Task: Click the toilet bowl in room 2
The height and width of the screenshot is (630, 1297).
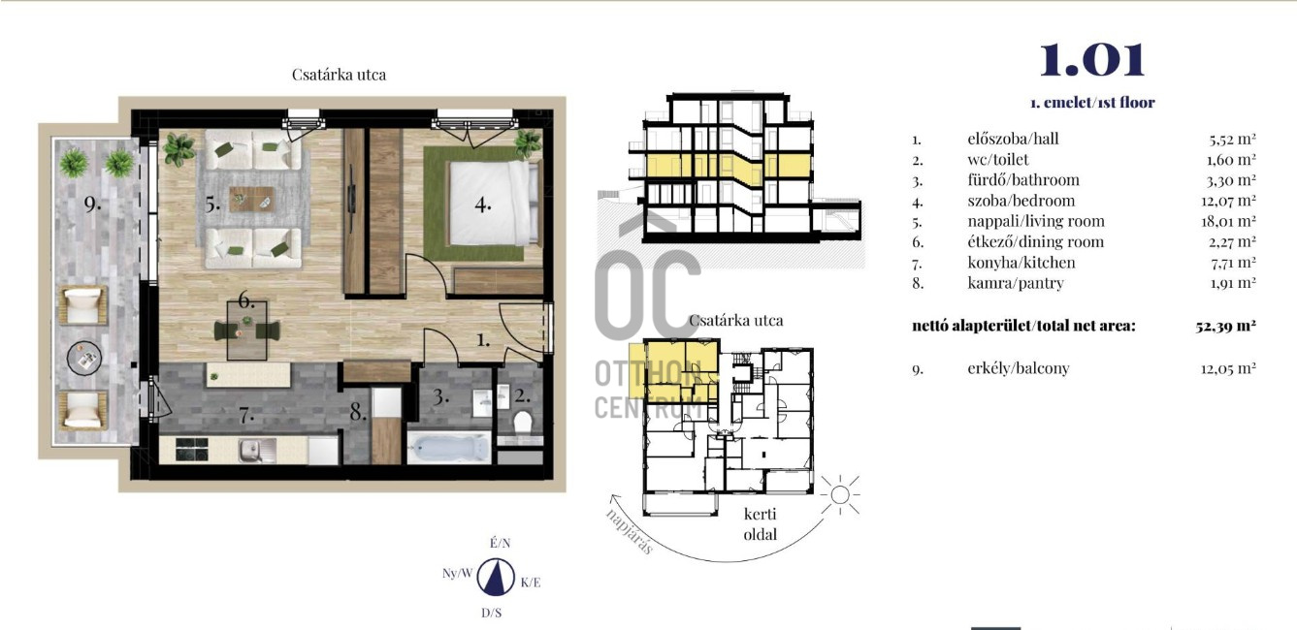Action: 523,422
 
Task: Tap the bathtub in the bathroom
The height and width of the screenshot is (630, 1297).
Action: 449,449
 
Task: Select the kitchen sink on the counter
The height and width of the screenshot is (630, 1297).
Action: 257,451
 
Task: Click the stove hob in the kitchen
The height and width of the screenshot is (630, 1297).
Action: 192,450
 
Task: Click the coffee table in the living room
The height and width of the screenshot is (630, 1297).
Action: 251,199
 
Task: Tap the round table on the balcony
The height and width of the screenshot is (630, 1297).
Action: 84,358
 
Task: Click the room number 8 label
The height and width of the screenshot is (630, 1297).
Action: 358,411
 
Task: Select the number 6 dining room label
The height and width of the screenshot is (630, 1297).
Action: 246,300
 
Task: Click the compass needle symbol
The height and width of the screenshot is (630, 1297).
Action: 496,577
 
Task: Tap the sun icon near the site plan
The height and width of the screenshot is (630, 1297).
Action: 840,495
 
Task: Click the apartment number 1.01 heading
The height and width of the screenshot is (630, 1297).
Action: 1092,59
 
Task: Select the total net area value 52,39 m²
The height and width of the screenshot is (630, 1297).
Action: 1225,326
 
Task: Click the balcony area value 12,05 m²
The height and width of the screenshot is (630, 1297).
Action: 1228,368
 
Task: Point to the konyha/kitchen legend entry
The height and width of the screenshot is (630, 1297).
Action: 1021,263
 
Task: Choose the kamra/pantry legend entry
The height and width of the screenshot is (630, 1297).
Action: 1016,283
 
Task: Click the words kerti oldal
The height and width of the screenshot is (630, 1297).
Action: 761,524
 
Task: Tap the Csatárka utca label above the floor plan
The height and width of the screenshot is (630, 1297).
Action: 339,75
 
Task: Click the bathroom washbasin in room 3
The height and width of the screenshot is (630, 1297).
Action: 482,403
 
